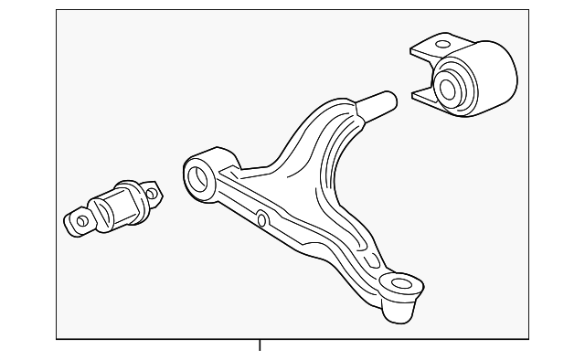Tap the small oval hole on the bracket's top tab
pos(443,44)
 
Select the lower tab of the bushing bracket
pos(423,96)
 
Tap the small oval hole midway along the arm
pos(261,219)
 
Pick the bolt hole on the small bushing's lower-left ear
pos(82,220)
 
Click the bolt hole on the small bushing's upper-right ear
pos(151,192)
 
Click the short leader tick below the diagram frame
pos(261,344)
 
